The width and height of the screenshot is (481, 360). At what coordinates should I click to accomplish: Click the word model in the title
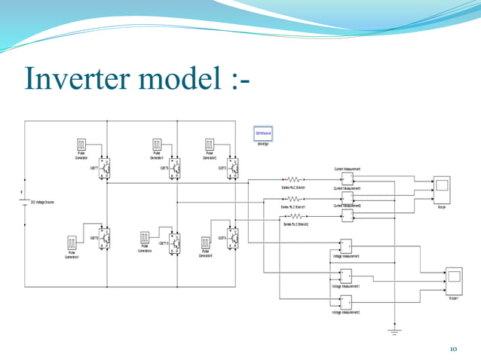coord(174,78)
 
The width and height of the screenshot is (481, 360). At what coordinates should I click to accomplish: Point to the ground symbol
coord(393,331)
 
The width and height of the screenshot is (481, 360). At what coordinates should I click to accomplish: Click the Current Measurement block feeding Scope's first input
coord(347,179)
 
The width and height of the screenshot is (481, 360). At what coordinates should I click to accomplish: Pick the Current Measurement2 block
coord(347,215)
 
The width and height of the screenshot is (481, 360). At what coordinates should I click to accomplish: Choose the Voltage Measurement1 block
coord(346,276)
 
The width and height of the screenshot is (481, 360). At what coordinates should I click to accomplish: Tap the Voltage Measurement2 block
coord(346,302)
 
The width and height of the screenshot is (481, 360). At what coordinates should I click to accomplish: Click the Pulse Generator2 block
coord(211,144)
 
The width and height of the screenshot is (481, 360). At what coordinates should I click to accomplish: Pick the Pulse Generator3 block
coord(72,243)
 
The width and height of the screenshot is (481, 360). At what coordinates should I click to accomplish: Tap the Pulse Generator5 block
coord(205,243)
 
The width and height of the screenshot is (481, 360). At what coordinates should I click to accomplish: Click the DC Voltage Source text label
coord(42,203)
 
